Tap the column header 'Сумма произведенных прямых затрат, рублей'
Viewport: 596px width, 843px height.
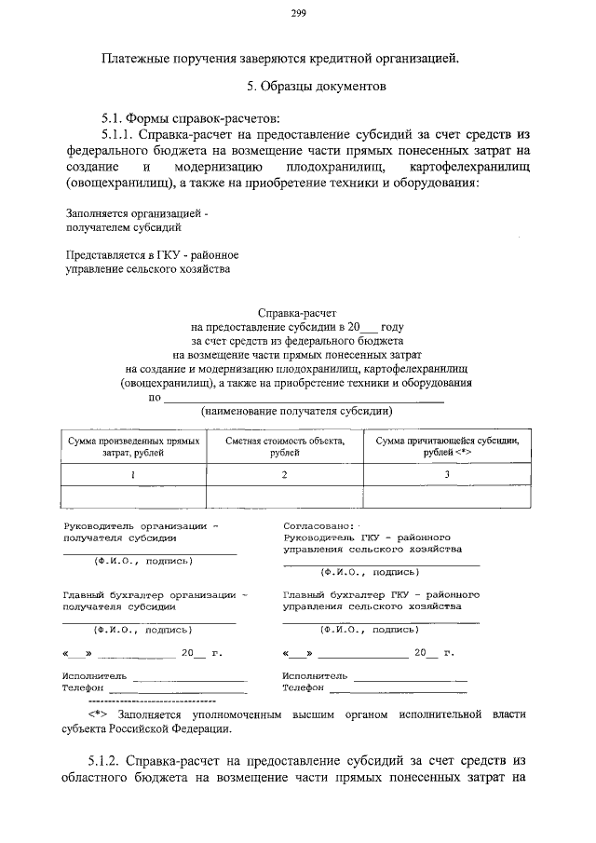(132, 445)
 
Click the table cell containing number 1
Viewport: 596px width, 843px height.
(132, 474)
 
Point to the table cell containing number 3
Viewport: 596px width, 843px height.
(446, 474)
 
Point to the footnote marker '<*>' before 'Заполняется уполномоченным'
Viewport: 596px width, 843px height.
(100, 714)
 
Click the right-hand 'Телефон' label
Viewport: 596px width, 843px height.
(303, 687)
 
